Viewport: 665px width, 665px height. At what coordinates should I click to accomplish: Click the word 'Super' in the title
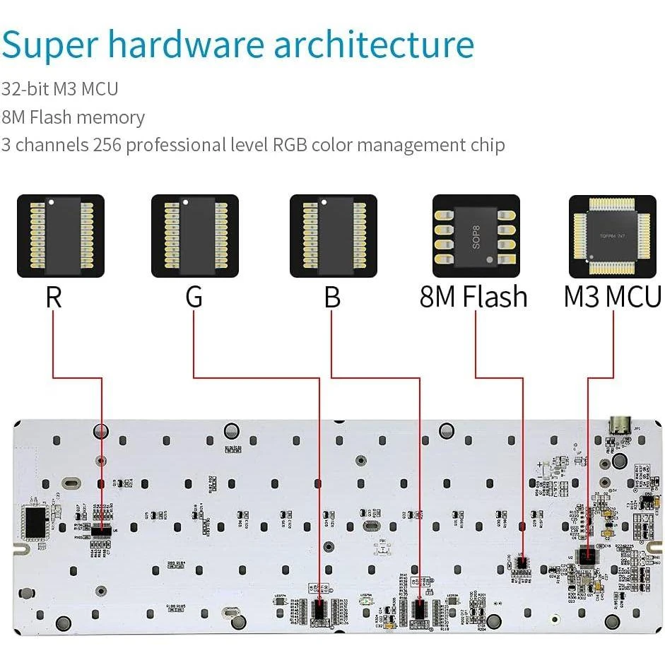pyautogui.click(x=49, y=45)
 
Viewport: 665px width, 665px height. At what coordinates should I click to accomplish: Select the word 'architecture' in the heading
pyautogui.click(x=374, y=45)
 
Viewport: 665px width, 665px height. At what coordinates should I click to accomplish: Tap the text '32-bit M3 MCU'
pyautogui.click(x=60, y=89)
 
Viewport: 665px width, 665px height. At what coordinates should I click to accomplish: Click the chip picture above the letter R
pyautogui.click(x=60, y=236)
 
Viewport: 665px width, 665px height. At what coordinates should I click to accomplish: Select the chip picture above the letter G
pyautogui.click(x=195, y=236)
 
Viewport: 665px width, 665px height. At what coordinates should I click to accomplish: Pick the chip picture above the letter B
pyautogui.click(x=334, y=236)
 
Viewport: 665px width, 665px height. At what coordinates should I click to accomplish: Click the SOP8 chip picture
pyautogui.click(x=476, y=236)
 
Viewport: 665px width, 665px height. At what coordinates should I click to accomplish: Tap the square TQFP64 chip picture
pyautogui.click(x=613, y=236)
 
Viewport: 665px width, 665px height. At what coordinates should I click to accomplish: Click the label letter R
pyautogui.click(x=54, y=297)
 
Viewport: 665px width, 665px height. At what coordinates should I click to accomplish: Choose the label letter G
pyautogui.click(x=194, y=297)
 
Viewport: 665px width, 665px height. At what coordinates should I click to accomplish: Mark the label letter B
pyautogui.click(x=332, y=297)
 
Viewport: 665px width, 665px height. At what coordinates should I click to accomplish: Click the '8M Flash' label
pyautogui.click(x=473, y=297)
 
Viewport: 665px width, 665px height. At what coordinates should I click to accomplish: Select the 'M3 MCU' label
pyautogui.click(x=612, y=297)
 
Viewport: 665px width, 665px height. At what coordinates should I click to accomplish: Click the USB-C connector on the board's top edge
pyautogui.click(x=619, y=427)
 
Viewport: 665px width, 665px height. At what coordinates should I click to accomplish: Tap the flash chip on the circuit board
pyautogui.click(x=522, y=563)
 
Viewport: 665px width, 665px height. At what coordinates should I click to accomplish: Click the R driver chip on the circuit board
pyautogui.click(x=101, y=529)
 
